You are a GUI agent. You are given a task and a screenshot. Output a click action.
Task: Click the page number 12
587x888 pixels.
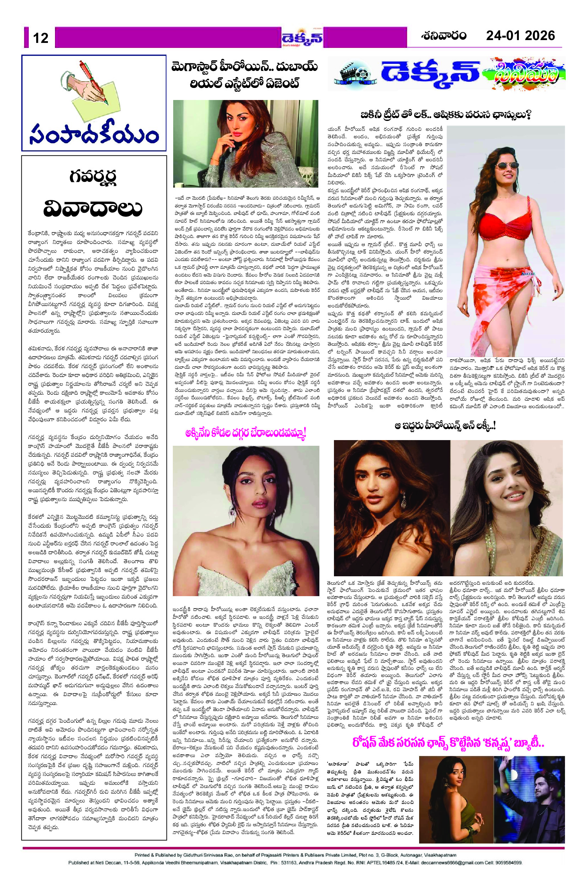coord(41,37)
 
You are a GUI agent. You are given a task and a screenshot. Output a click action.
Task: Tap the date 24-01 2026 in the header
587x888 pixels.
coord(520,35)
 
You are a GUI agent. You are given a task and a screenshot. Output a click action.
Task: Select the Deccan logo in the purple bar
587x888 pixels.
coord(302,37)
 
